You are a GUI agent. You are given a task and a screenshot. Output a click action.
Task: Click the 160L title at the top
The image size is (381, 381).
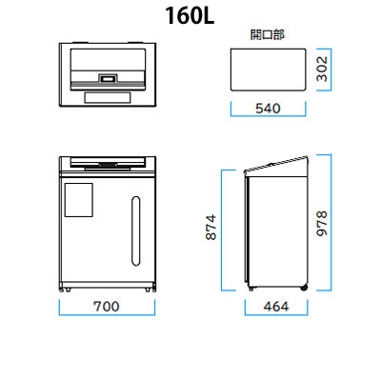point(190,16)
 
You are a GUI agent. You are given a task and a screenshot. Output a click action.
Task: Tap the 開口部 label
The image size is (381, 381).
point(268,34)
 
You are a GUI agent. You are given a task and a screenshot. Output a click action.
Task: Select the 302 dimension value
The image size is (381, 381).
point(322,69)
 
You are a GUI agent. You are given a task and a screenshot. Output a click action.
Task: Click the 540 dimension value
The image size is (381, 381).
point(268,109)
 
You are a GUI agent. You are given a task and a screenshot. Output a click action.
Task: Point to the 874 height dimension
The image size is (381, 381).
point(211,227)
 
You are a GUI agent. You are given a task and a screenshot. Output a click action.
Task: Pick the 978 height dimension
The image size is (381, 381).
point(322,223)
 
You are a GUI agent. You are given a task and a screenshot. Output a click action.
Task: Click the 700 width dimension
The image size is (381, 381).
point(107,307)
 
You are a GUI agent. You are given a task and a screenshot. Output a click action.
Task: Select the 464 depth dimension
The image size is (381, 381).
point(276,307)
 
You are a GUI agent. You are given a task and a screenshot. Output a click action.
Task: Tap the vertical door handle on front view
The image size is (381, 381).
point(136,231)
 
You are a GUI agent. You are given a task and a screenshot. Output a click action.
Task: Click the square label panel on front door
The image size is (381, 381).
point(79,200)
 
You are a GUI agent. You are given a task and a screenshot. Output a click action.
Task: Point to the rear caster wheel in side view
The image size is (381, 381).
point(304,288)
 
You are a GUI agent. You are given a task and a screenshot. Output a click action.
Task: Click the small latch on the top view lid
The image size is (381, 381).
point(108,78)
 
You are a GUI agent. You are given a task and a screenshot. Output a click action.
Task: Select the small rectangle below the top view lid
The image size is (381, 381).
point(108,97)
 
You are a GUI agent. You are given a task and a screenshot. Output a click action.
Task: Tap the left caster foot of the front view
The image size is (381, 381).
point(68,290)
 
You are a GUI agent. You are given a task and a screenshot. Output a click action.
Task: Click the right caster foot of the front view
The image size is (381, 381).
point(148,290)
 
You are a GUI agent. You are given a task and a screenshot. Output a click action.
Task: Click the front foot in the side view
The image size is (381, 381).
point(251,289)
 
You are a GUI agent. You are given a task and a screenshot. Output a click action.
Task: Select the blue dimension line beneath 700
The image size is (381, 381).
point(107,314)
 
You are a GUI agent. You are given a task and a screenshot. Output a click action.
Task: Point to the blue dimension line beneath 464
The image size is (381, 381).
point(276,314)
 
